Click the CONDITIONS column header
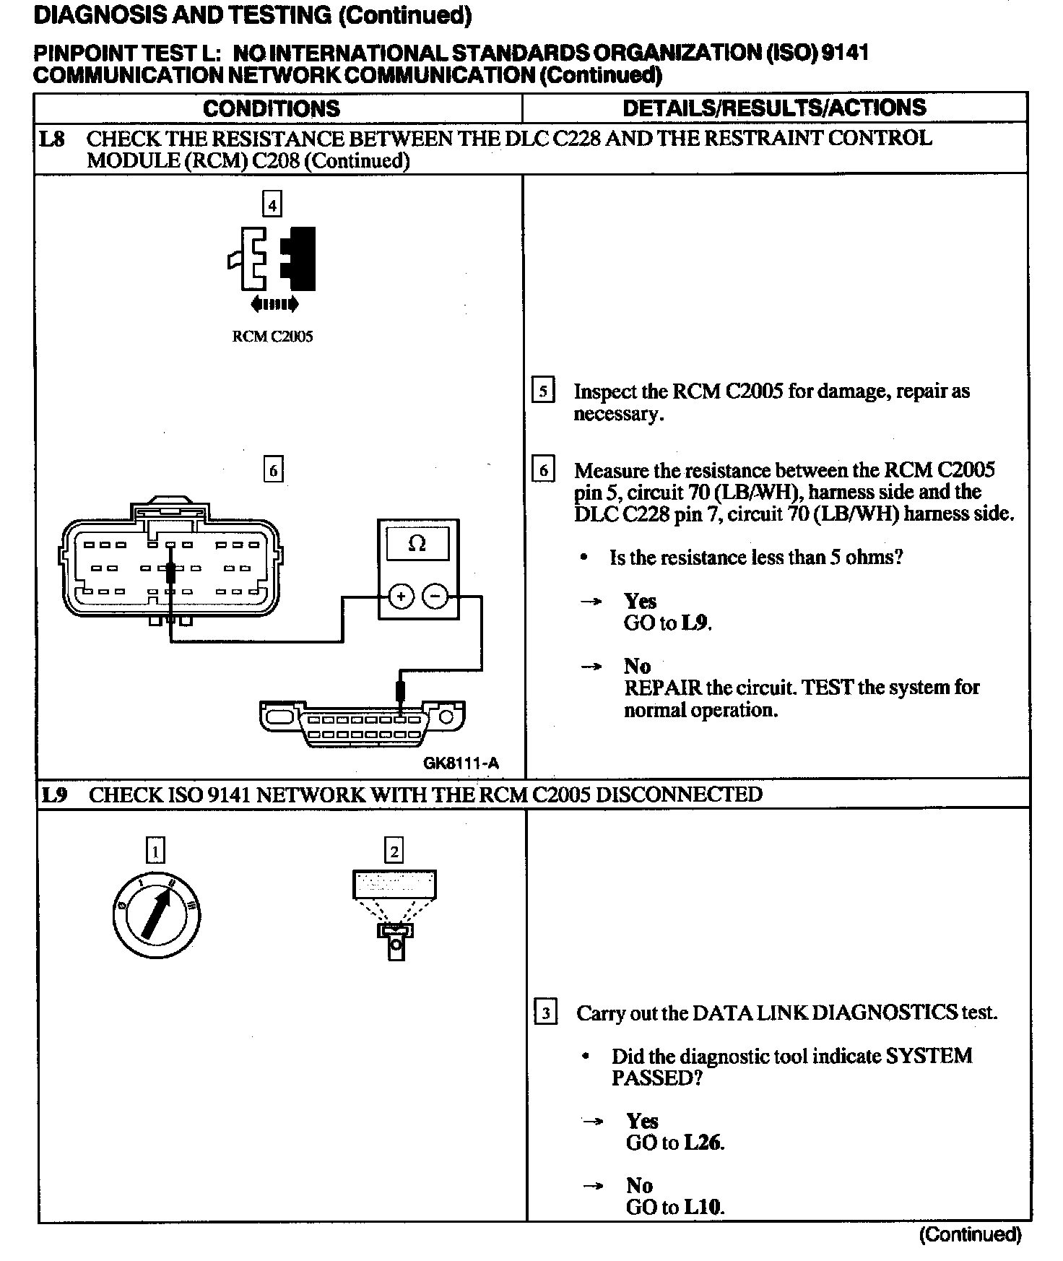[x=272, y=108]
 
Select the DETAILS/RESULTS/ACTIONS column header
[x=773, y=108]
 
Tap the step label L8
[x=51, y=139]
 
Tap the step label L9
[x=53, y=795]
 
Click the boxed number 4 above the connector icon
[x=272, y=205]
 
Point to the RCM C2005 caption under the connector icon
[x=272, y=337]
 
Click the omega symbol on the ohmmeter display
[x=417, y=543]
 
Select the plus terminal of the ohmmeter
[x=400, y=597]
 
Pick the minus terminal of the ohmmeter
[x=435, y=597]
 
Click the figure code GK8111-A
[x=461, y=763]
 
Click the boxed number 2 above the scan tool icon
[x=394, y=851]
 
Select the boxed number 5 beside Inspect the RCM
[x=543, y=391]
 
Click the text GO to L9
[x=667, y=623]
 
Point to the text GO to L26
[x=674, y=1143]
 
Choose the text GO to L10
[x=674, y=1207]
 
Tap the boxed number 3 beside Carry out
[x=546, y=1013]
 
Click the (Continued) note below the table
[x=970, y=1234]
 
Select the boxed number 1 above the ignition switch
[x=155, y=850]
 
